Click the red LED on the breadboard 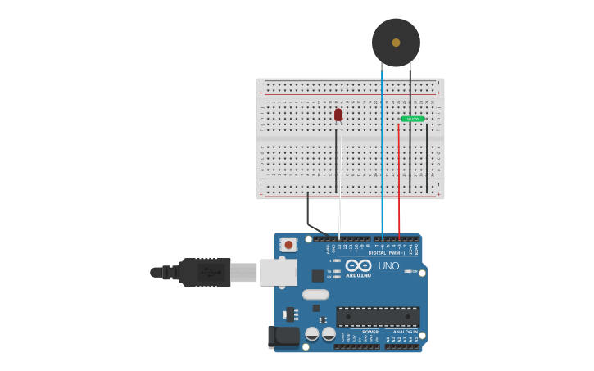click(338, 115)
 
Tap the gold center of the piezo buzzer click(396, 43)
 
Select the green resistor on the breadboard click(412, 119)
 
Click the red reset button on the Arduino click(288, 244)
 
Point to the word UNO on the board click(388, 266)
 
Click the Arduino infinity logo click(358, 265)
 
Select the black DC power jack click(285, 336)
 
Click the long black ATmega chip click(378, 317)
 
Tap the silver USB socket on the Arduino click(278, 272)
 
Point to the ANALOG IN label click(405, 332)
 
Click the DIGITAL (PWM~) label click(388, 253)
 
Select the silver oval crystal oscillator click(315, 294)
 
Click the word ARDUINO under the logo click(358, 275)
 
